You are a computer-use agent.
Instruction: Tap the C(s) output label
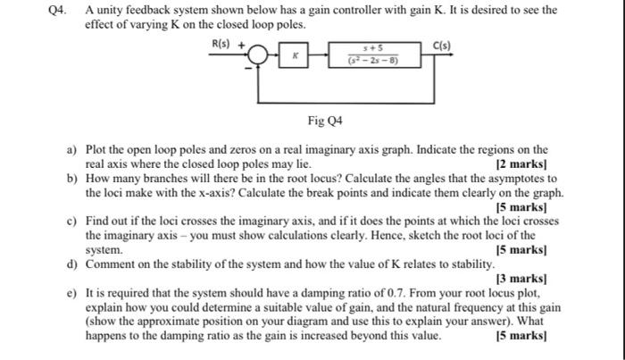tap(442, 44)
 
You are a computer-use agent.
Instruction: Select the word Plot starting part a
tap(96, 150)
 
